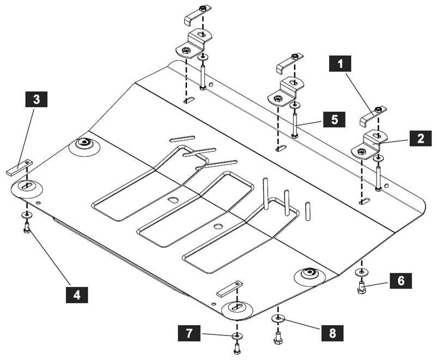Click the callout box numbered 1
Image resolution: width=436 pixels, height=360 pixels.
[340, 64]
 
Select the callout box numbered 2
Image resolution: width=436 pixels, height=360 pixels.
[420, 138]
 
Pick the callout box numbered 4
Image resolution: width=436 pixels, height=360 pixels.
[77, 295]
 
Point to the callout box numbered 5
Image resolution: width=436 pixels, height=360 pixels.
[334, 119]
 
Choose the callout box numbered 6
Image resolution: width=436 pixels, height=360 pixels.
[401, 281]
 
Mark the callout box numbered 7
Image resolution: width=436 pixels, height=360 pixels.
[189, 333]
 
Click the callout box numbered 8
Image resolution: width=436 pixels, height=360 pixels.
[332, 333]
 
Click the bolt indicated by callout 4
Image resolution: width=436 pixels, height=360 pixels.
[27, 228]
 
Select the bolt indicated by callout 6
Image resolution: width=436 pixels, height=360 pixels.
[361, 287]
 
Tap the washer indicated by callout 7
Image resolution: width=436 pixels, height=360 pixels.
[237, 337]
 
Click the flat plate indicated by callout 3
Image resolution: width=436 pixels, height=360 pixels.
[20, 167]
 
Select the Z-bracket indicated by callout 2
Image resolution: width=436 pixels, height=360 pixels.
[369, 144]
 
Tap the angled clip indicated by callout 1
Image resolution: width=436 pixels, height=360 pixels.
[373, 116]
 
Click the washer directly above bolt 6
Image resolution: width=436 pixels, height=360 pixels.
[361, 272]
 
